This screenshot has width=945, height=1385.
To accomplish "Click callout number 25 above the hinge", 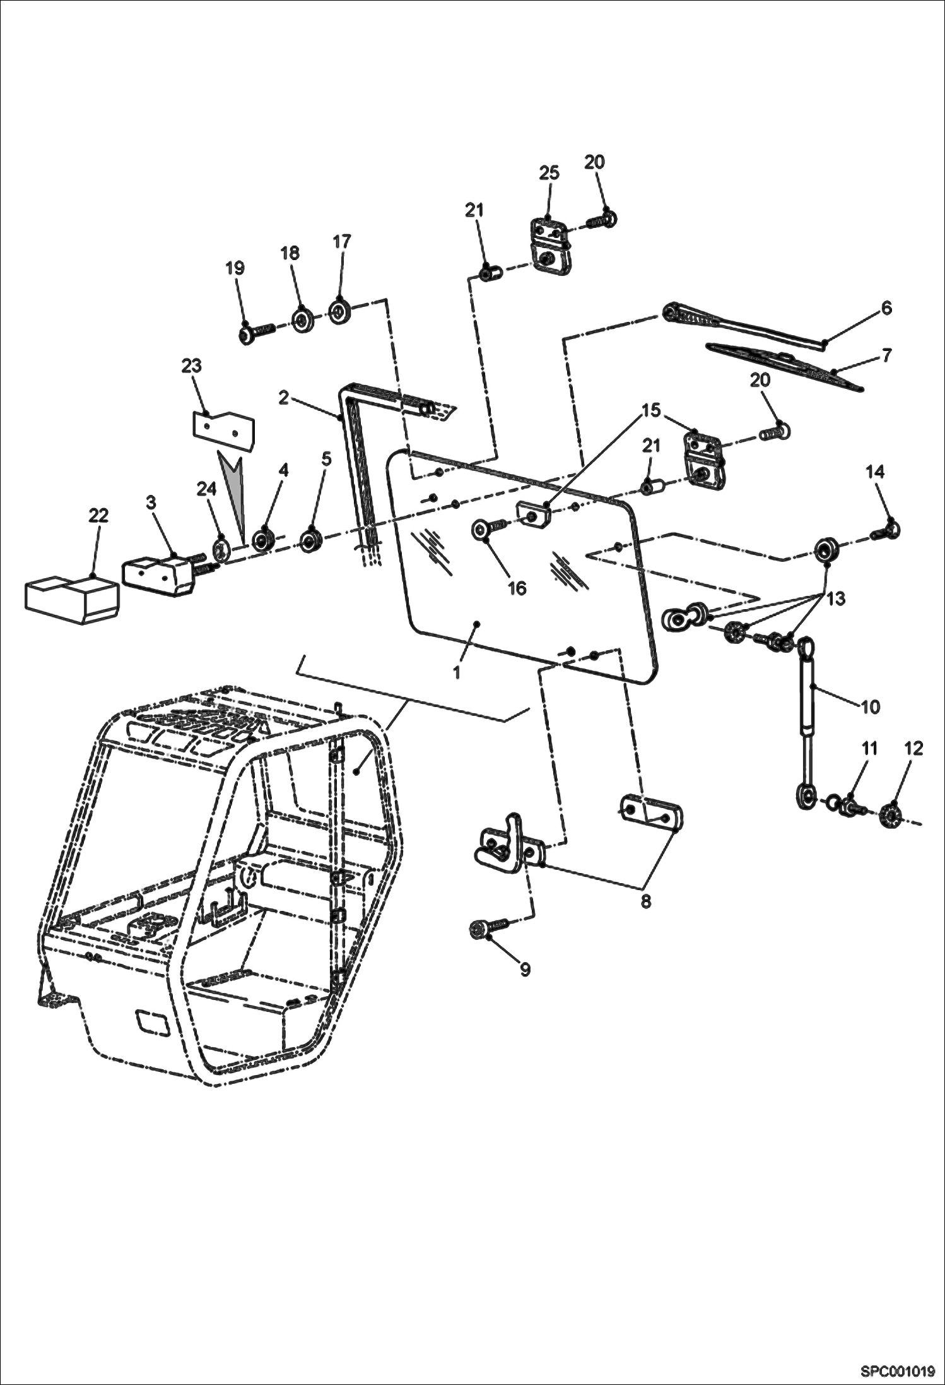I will [549, 173].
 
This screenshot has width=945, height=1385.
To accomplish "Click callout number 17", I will [341, 242].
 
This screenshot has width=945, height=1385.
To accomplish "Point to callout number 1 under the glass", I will [457, 672].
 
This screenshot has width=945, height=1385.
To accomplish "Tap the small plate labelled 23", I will [223, 426].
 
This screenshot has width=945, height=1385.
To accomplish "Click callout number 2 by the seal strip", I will [284, 398].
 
